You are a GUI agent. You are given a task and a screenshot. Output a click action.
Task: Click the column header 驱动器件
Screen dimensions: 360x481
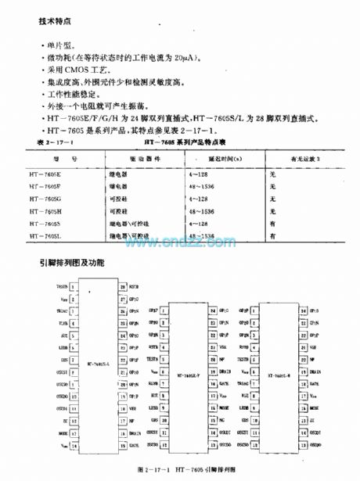[x=121, y=159]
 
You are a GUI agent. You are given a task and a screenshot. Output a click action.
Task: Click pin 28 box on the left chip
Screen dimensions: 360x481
[x=122, y=287]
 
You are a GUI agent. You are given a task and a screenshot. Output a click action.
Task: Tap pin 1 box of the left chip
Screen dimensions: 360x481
[x=73, y=287]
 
